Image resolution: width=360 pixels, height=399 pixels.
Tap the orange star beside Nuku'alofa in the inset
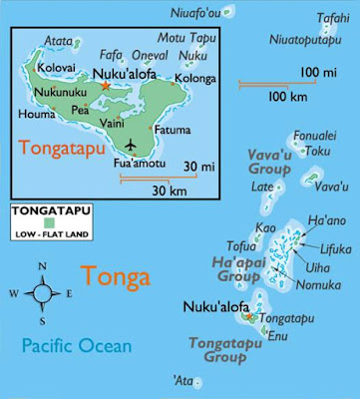point(105,87)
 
